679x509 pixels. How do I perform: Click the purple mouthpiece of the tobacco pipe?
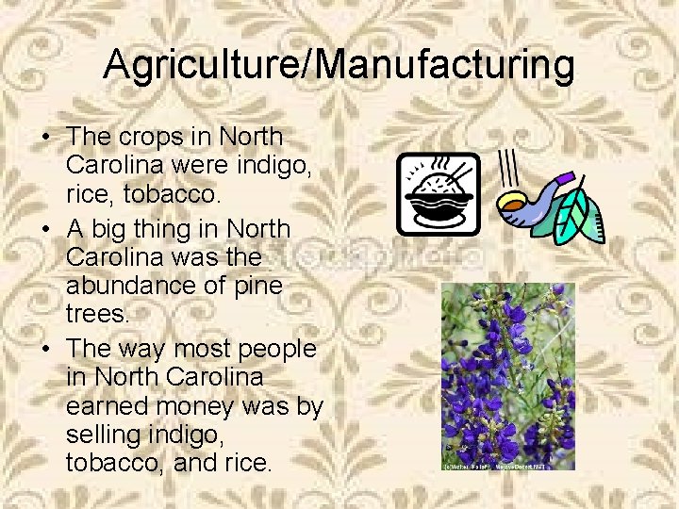tap(564, 177)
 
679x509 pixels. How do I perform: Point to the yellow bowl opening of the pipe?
tap(510, 200)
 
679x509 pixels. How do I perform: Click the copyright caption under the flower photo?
tap(494, 466)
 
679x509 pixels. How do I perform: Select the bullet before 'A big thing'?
tap(45, 231)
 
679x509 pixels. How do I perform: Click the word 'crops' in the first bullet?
tap(152, 138)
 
